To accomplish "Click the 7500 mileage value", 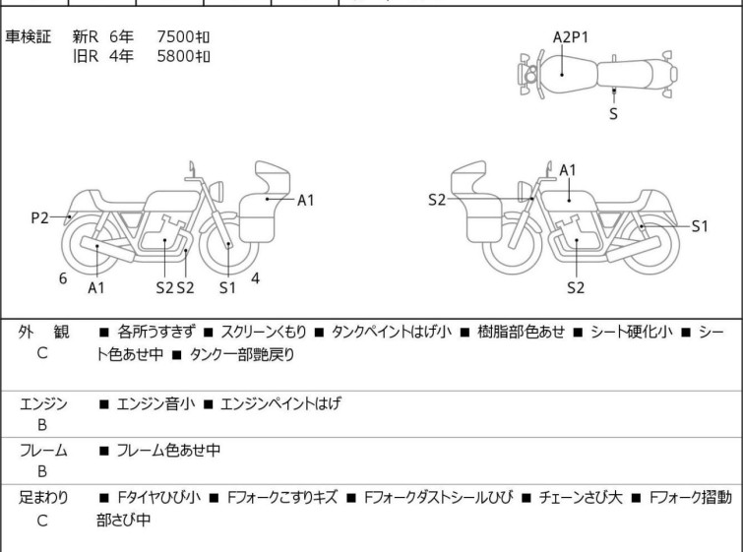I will tap(184, 36).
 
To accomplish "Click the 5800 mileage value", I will tap(184, 55).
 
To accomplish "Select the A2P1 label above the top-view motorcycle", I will tap(571, 37).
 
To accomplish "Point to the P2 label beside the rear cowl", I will tap(39, 218).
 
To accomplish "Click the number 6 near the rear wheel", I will tap(63, 278).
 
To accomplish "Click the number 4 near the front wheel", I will tap(256, 278).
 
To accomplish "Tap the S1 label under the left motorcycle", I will tap(227, 288).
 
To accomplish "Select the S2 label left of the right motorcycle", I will tap(438, 200).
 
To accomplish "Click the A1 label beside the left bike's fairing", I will tap(306, 201).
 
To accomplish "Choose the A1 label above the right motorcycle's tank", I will tap(568, 170).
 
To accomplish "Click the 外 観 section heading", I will tap(42, 333).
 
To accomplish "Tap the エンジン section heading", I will tap(43, 403).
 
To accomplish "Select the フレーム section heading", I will tap(43, 451).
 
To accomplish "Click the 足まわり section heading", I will tap(43, 498).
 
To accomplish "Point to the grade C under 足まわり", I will tap(42, 521).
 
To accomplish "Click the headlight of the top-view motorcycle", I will tap(531, 74).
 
